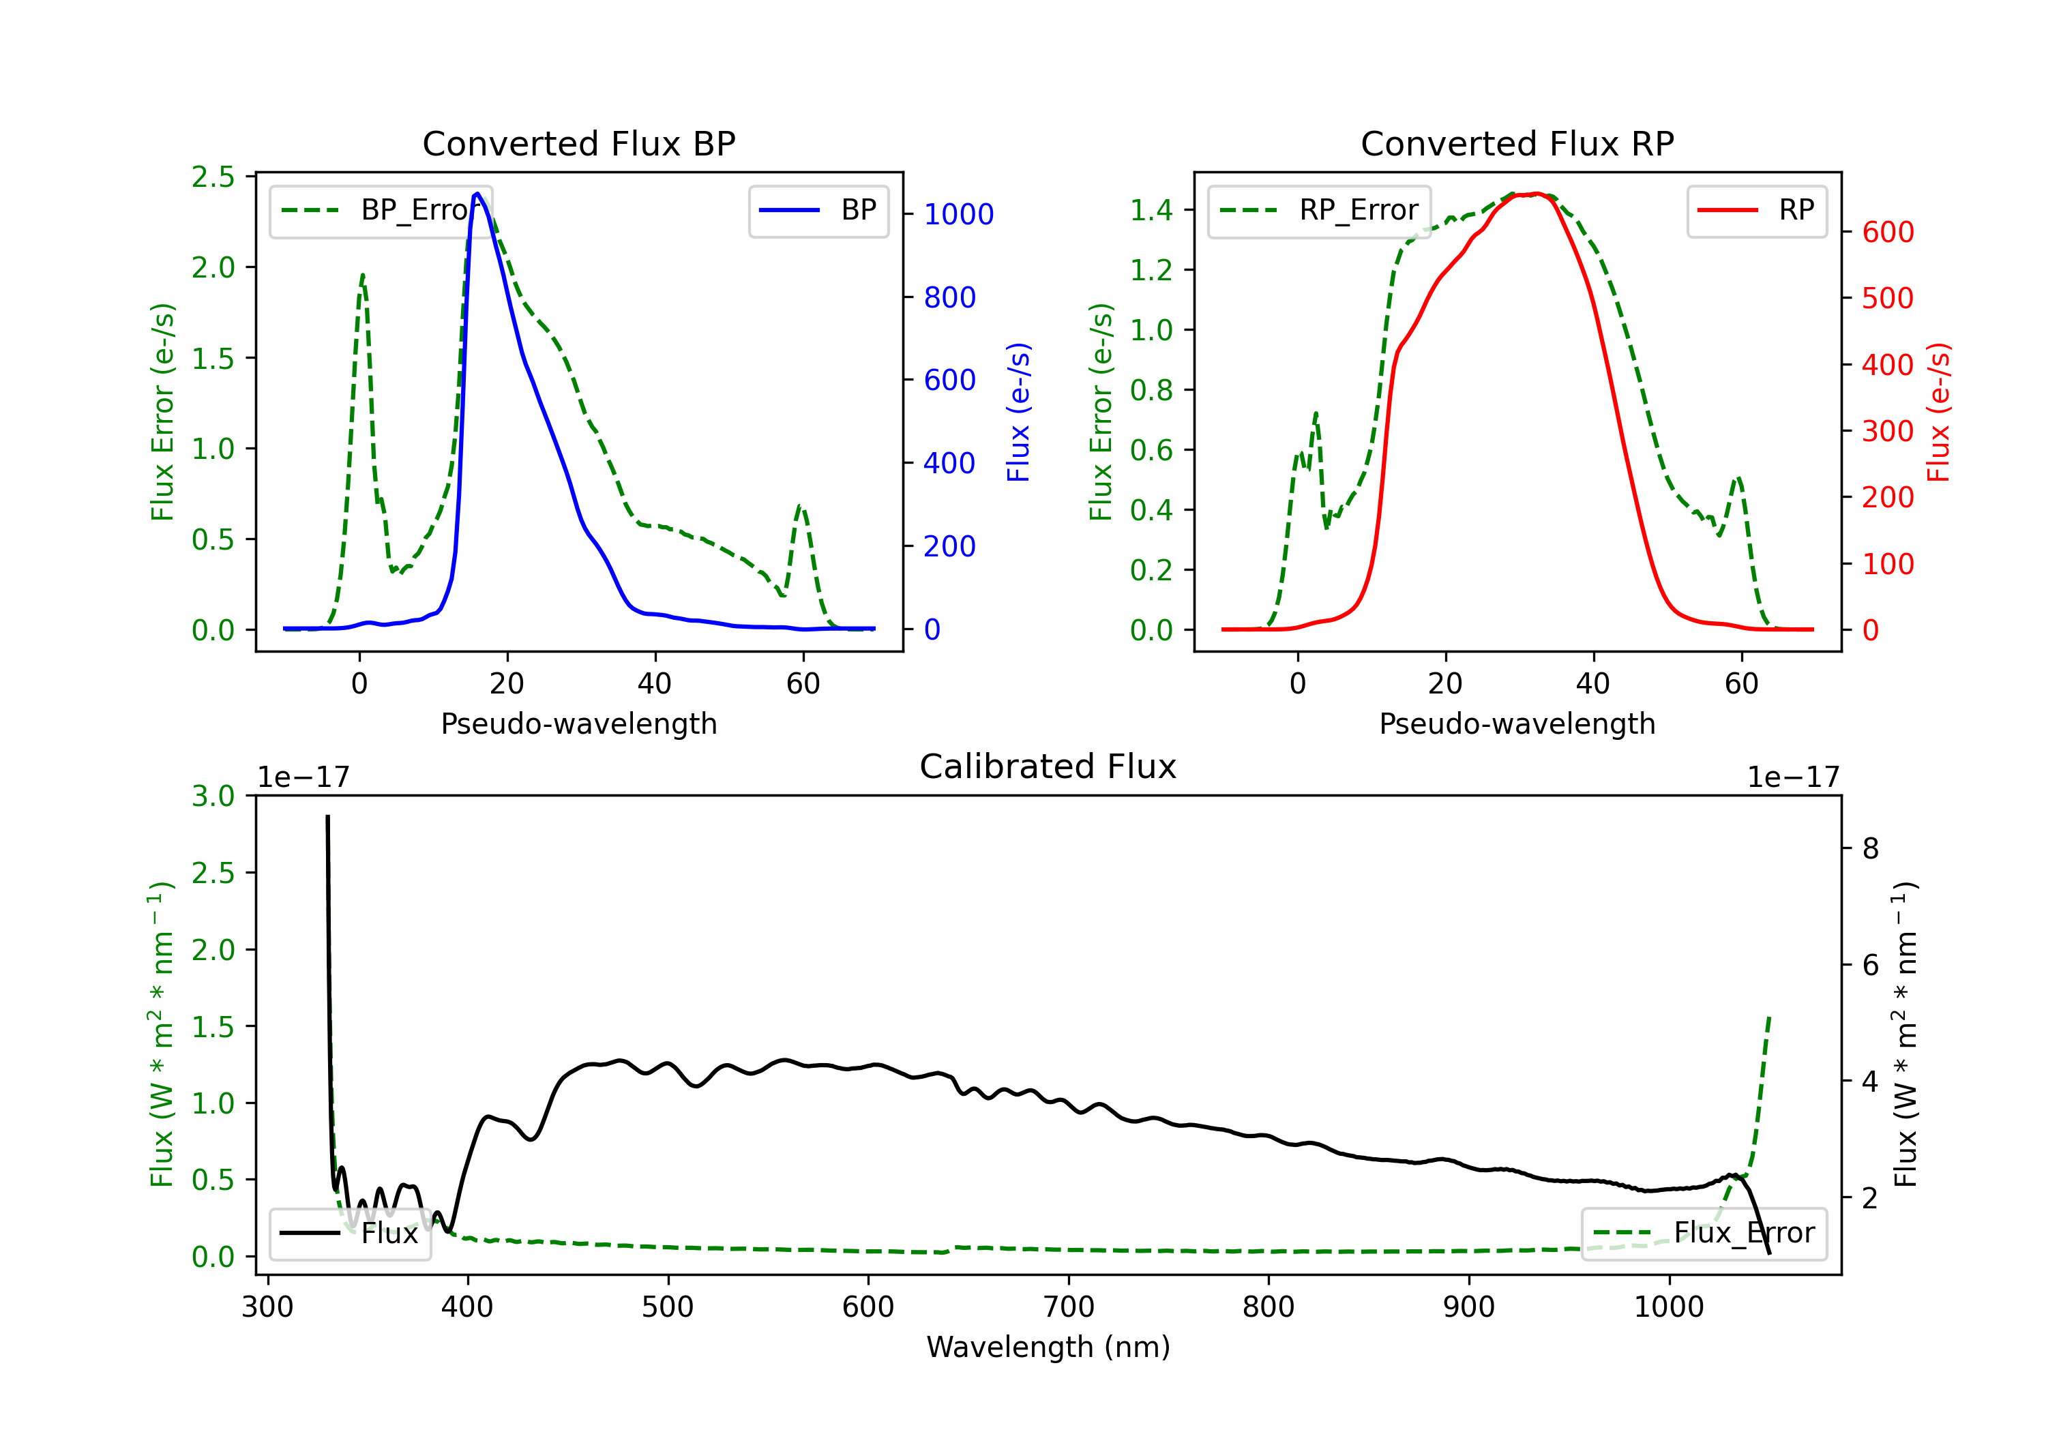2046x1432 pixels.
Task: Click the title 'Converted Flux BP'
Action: click(x=578, y=143)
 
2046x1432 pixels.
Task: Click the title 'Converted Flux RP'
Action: click(x=1517, y=143)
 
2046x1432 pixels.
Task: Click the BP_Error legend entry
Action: click(x=381, y=210)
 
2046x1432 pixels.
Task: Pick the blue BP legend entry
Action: click(x=818, y=210)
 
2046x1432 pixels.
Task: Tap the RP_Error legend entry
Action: click(x=1319, y=210)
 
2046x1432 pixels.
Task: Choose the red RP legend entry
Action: click(x=1755, y=210)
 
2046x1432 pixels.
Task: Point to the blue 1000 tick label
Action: click(x=958, y=214)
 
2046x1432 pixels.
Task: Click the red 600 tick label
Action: click(x=1887, y=232)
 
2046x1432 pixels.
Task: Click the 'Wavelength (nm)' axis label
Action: click(x=1048, y=1347)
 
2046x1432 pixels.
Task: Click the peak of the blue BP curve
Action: click(x=477, y=194)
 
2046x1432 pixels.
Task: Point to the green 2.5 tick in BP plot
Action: click(x=213, y=177)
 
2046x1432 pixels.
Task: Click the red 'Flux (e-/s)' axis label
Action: click(x=1938, y=412)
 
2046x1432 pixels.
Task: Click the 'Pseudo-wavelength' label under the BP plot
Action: click(x=578, y=724)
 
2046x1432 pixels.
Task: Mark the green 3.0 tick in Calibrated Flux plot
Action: click(x=213, y=796)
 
